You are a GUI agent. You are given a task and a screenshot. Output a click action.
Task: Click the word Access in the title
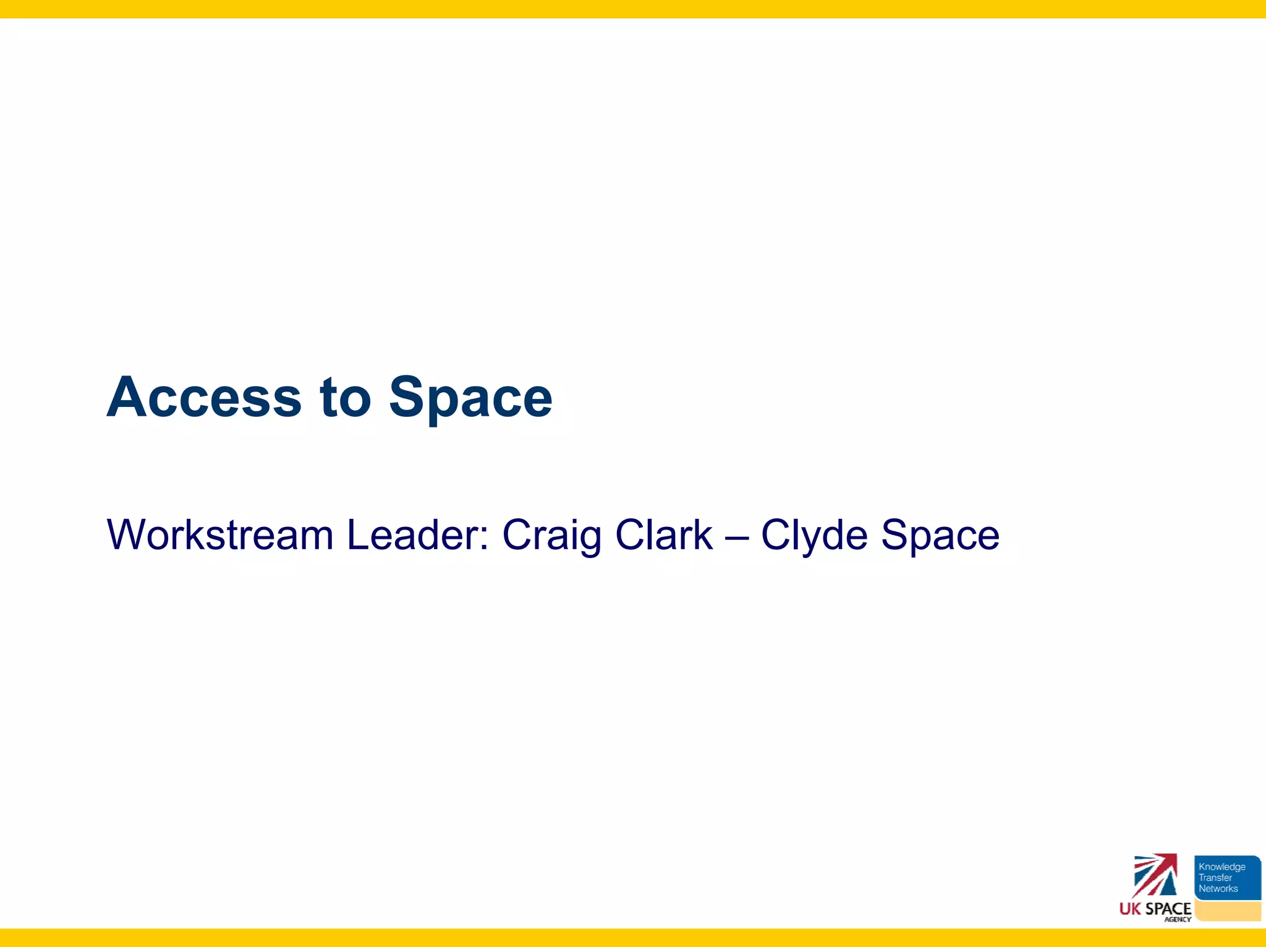(204, 397)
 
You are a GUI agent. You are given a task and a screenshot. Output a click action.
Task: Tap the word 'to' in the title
(345, 397)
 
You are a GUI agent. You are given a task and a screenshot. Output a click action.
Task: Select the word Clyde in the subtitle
(814, 536)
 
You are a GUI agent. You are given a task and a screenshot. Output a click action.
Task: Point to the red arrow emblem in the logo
(1155, 875)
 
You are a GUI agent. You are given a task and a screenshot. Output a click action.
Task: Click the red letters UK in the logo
(1130, 909)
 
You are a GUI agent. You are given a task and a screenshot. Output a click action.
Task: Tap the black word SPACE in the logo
(1168, 909)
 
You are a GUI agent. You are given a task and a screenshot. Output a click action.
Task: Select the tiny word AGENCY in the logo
(1178, 920)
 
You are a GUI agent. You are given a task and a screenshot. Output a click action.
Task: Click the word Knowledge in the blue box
(1221, 867)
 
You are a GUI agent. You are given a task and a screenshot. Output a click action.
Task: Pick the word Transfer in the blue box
(1215, 878)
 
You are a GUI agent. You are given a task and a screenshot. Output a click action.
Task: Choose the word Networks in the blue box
(1218, 889)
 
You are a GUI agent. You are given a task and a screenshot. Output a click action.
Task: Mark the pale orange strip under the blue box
(1228, 911)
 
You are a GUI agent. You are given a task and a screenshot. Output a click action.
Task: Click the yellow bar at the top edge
(633, 9)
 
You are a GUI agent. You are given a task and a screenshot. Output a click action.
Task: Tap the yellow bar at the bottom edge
(633, 938)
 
